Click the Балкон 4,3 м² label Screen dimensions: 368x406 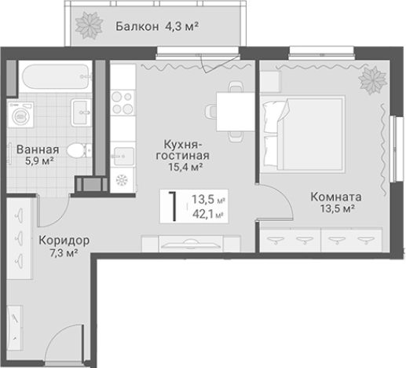156,26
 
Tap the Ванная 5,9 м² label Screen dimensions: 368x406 35,155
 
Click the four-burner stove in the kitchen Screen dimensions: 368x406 123,102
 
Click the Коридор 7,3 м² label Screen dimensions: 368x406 58,246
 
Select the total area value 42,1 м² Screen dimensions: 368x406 208,212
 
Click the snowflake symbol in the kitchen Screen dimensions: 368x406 122,180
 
